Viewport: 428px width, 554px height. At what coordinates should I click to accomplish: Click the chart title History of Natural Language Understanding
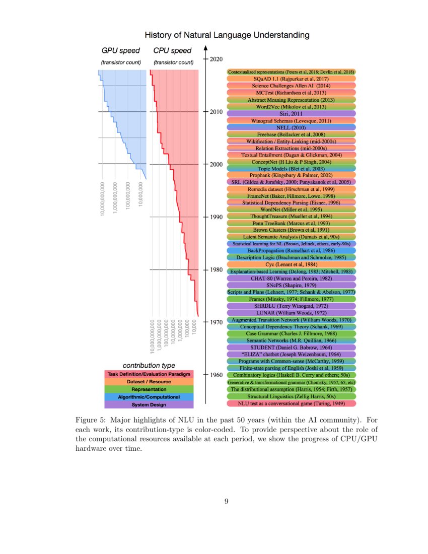(x=227, y=35)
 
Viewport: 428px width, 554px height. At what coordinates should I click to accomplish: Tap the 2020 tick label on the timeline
(x=217, y=59)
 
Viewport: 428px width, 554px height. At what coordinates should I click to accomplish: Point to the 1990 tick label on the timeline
(x=217, y=217)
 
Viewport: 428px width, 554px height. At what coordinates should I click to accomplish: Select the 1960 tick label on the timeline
(x=217, y=375)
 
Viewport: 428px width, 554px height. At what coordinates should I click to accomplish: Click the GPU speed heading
(x=121, y=51)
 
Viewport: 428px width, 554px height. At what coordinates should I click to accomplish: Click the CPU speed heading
(x=172, y=51)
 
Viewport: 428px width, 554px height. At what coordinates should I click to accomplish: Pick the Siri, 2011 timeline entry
(x=292, y=114)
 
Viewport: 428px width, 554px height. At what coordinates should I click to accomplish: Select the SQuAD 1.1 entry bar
(x=292, y=79)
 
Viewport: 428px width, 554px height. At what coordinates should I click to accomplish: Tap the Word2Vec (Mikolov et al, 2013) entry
(x=292, y=107)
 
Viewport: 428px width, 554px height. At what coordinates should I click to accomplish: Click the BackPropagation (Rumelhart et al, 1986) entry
(x=292, y=250)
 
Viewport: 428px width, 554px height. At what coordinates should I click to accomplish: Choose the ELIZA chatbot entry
(x=292, y=355)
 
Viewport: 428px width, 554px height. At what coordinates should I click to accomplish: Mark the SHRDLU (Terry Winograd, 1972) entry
(x=292, y=306)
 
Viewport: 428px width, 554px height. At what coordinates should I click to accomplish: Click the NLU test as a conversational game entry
(x=292, y=403)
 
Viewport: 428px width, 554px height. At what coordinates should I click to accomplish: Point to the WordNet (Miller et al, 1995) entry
(x=292, y=209)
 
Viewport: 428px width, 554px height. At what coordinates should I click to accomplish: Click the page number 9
(x=227, y=501)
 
